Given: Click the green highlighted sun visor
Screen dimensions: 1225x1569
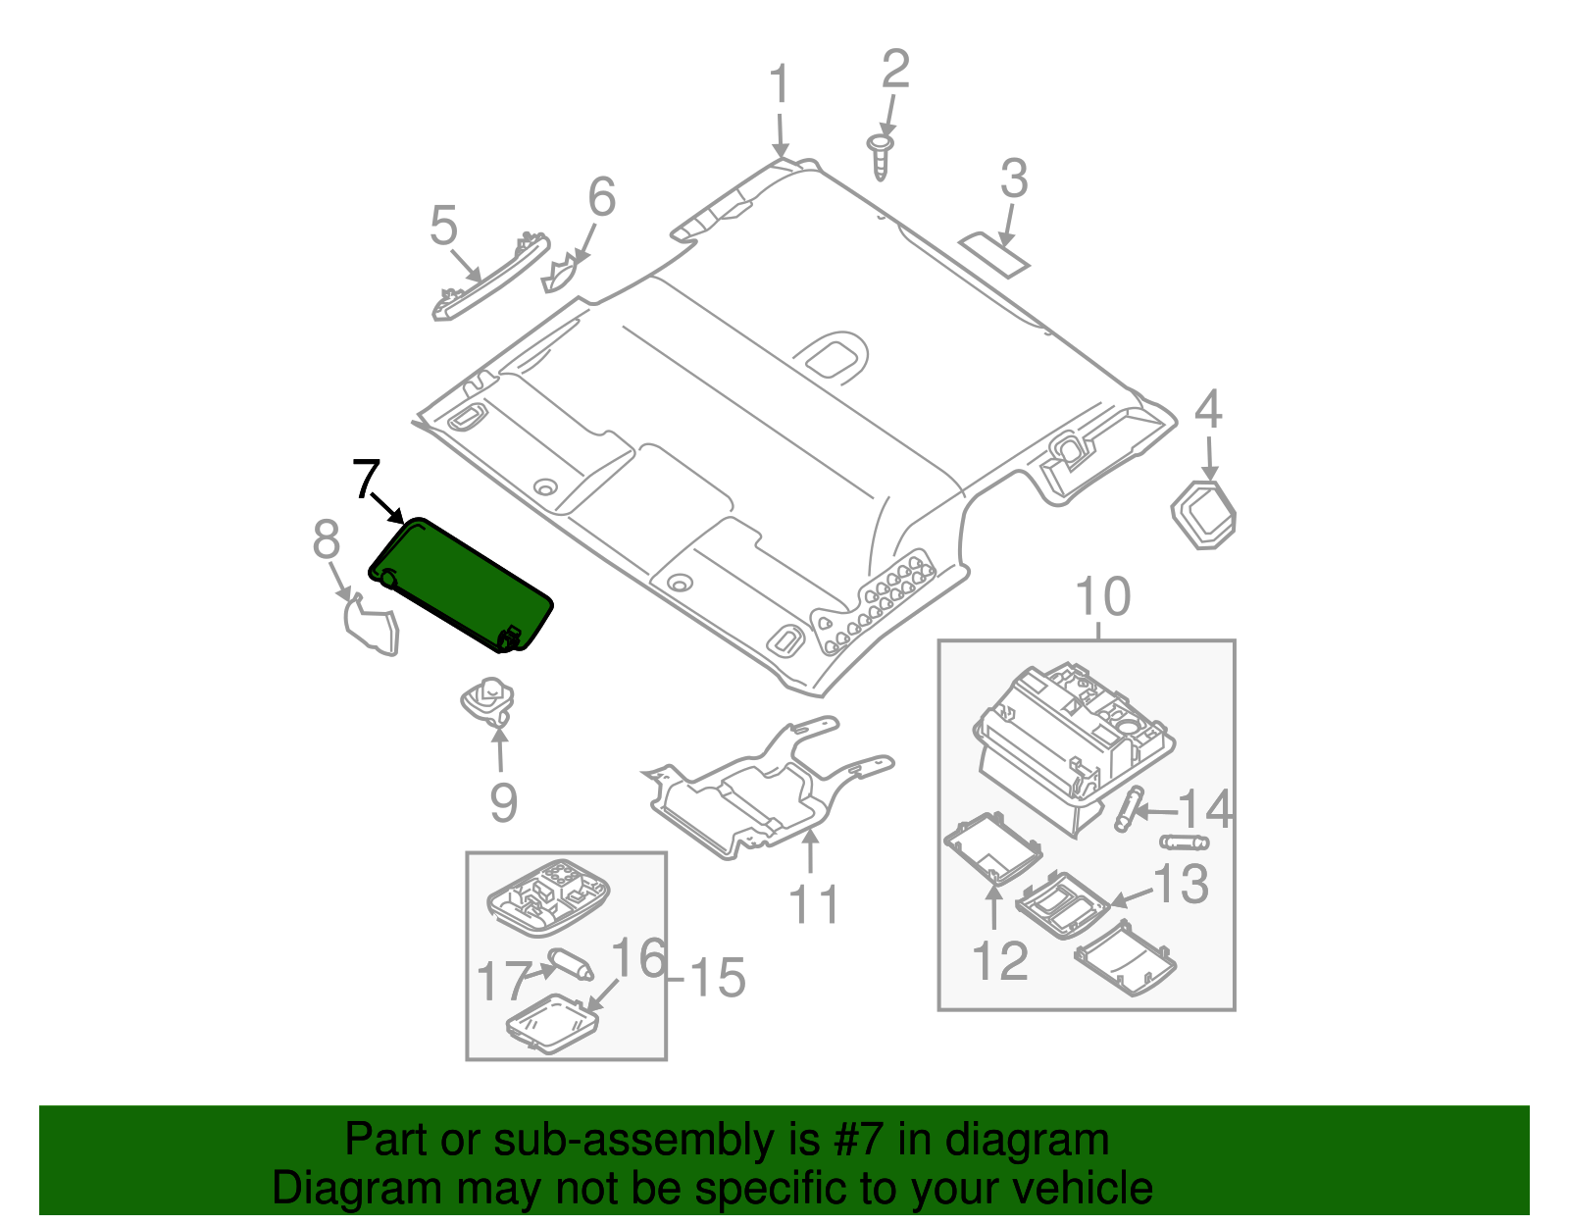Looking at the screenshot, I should pos(461,584).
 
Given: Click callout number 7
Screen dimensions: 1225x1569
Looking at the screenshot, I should pos(365,480).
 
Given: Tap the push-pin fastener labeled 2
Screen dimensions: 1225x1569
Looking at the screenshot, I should pos(882,157).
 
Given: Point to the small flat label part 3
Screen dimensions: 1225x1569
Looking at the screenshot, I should pos(994,252).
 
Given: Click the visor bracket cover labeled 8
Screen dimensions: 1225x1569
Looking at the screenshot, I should pos(372,628).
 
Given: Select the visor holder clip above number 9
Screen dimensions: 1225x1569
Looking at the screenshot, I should pos(487,700).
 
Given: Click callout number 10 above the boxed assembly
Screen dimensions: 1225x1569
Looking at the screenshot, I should pos(1103,596).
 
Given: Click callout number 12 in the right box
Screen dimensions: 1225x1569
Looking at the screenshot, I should pos(1000,960).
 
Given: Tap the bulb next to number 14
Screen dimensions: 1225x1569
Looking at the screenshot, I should pos(1128,809).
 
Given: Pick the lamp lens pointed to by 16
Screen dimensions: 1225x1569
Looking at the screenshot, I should pos(551,1026).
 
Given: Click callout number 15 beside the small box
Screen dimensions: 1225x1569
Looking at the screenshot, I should pos(718,979).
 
